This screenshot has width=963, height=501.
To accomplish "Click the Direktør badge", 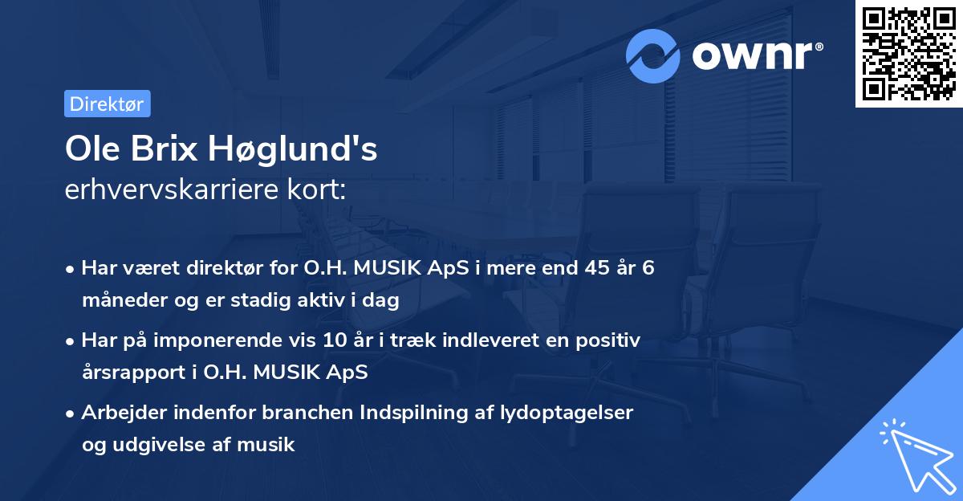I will pyautogui.click(x=107, y=104).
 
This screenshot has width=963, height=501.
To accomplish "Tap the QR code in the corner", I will pyautogui.click(x=909, y=53).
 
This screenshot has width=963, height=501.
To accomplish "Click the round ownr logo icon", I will pyautogui.click(x=653, y=55).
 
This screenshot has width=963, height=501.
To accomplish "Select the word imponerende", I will pyautogui.click(x=260, y=340).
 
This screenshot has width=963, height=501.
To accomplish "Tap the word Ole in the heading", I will pyautogui.click(x=90, y=149).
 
